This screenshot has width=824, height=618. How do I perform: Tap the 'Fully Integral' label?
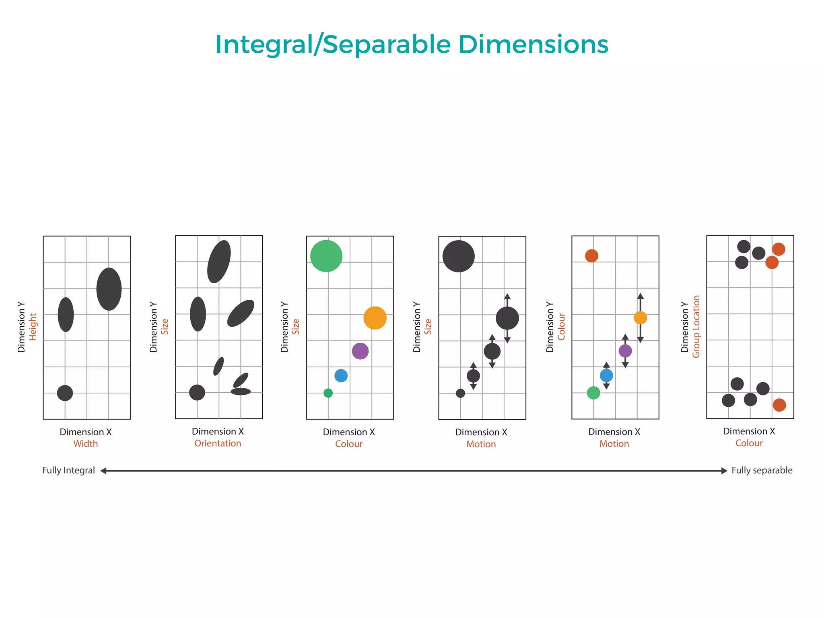coord(68,470)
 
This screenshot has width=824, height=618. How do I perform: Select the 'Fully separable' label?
coord(762,470)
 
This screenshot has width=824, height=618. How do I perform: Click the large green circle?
coord(326,256)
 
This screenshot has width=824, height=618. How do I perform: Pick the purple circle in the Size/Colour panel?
coord(360,351)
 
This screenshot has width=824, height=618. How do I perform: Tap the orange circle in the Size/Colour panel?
coord(375,318)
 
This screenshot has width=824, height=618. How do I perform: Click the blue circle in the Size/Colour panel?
coord(341,376)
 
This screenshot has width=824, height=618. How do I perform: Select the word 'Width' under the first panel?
coord(85,444)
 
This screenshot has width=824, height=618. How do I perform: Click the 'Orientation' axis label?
coord(218,443)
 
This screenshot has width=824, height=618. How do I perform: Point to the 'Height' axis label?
coord(33,327)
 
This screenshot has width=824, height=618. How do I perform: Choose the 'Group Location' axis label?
coord(696,327)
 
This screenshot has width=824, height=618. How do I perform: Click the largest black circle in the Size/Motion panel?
coord(459,256)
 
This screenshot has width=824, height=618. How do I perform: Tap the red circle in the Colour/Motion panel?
coord(591,255)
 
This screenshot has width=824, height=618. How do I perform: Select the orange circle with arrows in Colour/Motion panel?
coord(640,318)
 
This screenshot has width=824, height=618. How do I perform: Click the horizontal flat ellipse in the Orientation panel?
coord(241,391)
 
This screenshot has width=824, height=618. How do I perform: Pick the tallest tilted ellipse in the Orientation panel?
coord(219,262)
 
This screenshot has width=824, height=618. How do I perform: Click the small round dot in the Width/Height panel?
coord(65,393)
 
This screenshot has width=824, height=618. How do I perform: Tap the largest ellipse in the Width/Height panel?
coord(109,289)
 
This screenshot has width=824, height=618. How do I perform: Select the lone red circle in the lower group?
coord(779,405)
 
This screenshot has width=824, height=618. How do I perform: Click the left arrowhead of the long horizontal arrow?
coord(103,471)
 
